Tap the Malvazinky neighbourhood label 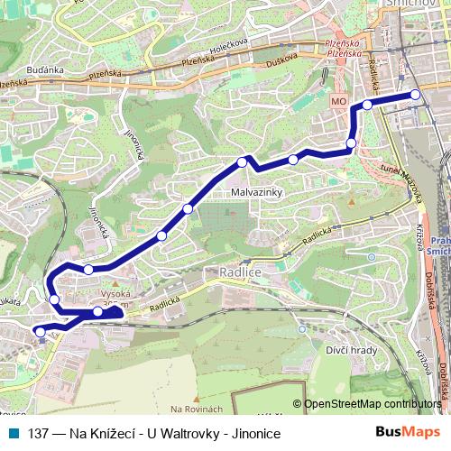pos(258,193)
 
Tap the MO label pos(339,103)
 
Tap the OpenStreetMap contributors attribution pos(372,404)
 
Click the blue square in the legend pos(13,434)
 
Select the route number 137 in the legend pos(38,434)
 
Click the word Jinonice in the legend pos(255,434)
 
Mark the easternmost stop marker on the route pos(416,95)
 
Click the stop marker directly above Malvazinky pos(242,162)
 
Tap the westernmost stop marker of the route pos(40,331)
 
